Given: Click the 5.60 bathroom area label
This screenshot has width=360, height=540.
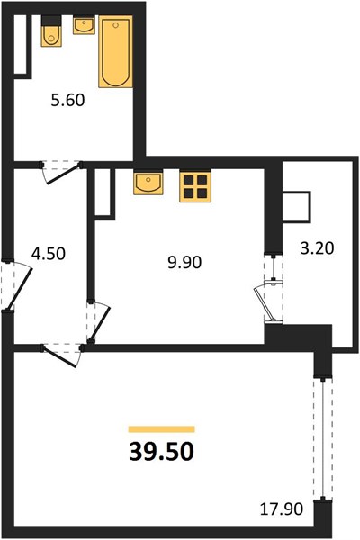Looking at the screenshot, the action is [67, 101].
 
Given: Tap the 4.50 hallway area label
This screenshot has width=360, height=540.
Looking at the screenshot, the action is [49, 254].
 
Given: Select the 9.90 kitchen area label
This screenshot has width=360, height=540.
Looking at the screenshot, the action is [184, 263].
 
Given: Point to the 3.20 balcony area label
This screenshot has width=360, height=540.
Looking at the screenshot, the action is [317, 248].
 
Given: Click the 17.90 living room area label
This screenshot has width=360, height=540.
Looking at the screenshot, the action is [282, 509].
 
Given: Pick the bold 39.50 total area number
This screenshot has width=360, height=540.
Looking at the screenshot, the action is [162, 452].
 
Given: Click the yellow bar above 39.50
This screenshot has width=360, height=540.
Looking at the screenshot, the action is [162, 429].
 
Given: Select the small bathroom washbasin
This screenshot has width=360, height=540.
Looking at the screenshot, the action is [84, 26].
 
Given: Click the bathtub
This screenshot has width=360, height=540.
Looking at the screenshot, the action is [116, 51].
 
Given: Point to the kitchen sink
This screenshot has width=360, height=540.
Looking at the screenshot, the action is [148, 184].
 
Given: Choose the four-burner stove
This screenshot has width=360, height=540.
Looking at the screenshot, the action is [195, 186].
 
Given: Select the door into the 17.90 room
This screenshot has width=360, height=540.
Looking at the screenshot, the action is [62, 355].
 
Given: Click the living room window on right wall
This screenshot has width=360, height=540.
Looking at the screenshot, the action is [323, 439].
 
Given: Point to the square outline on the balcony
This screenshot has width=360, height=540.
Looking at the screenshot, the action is [296, 207].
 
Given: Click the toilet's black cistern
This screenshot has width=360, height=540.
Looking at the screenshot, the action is [51, 21].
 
